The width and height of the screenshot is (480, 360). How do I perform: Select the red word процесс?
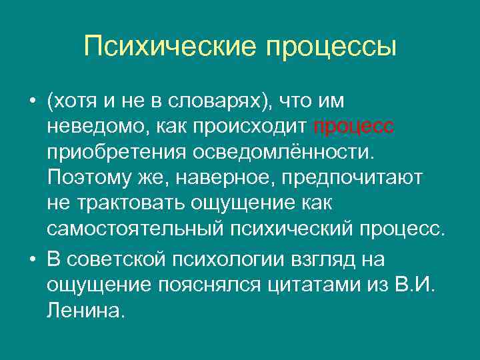pos(345,126)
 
